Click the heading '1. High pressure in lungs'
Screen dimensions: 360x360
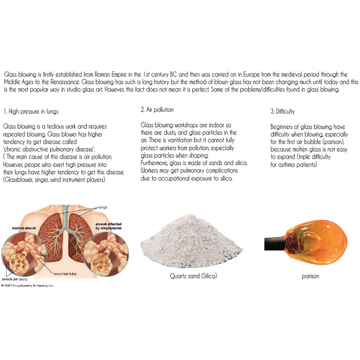31,112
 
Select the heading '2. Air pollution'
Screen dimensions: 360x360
157,110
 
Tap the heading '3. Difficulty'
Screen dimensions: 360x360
283,112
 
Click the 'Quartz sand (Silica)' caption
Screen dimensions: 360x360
193,276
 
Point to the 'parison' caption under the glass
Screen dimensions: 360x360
310,276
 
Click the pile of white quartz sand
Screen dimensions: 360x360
192,241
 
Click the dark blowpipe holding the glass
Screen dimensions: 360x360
275,244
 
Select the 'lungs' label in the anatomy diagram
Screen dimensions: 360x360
103,207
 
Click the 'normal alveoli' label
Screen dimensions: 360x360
24,228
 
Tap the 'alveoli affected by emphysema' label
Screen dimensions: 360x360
108,226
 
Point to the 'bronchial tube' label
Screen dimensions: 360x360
65,274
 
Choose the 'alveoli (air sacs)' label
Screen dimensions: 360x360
15,279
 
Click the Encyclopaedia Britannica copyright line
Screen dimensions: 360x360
28,286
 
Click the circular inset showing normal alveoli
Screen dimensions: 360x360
24,254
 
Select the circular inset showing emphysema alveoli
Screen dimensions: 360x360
106,254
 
